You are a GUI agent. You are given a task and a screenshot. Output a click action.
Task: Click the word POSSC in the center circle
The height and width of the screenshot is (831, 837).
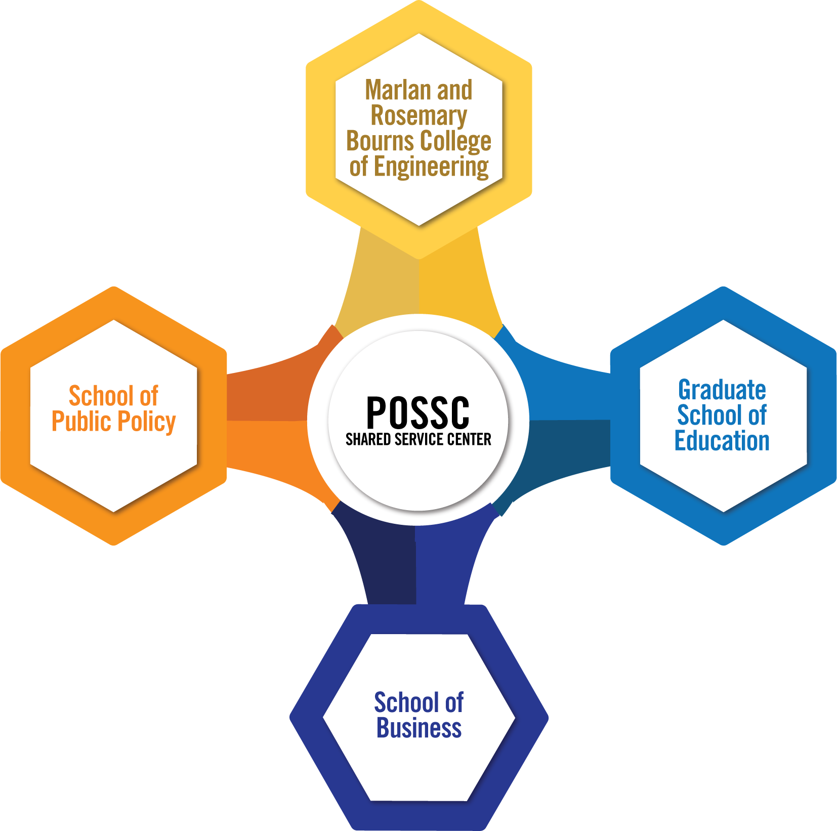click(x=418, y=412)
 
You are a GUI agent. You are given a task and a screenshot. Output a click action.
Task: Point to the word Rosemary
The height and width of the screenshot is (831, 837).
click(x=418, y=116)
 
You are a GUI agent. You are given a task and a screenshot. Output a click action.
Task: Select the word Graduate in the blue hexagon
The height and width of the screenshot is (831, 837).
click(x=722, y=390)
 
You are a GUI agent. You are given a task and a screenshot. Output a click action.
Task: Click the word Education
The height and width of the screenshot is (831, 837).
click(x=722, y=440)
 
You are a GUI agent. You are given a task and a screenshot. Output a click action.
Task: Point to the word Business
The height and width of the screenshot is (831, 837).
click(x=419, y=728)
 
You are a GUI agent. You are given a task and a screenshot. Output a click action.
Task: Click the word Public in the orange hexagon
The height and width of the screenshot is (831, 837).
click(x=81, y=421)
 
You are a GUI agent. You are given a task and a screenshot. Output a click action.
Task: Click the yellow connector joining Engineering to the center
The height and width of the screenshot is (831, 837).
click(x=418, y=283)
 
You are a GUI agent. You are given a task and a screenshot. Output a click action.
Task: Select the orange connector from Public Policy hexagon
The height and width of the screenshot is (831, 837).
click(x=268, y=420)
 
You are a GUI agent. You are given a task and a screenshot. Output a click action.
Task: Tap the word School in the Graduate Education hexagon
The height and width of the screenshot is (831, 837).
click(x=708, y=416)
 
